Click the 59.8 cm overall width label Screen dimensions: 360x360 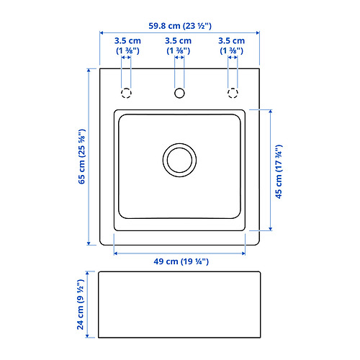click(180, 26)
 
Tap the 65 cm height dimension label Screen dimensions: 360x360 click(82, 157)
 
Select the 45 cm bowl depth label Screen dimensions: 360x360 click(279, 171)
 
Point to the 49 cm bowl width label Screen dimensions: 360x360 click(181, 261)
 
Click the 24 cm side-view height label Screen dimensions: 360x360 click(81, 305)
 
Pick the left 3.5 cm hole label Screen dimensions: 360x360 click(127, 45)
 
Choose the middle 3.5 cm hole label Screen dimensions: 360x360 click(178, 45)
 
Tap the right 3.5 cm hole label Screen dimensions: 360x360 click(231, 45)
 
